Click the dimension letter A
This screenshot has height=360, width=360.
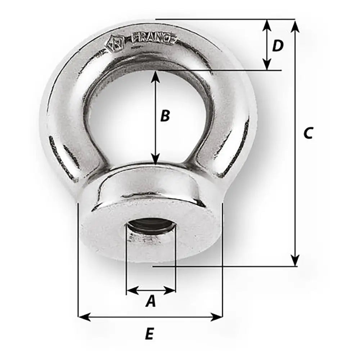(151, 301)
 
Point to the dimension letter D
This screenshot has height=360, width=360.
(278, 46)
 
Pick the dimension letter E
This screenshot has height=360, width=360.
(150, 334)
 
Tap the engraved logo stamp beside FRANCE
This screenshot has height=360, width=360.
(115, 43)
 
